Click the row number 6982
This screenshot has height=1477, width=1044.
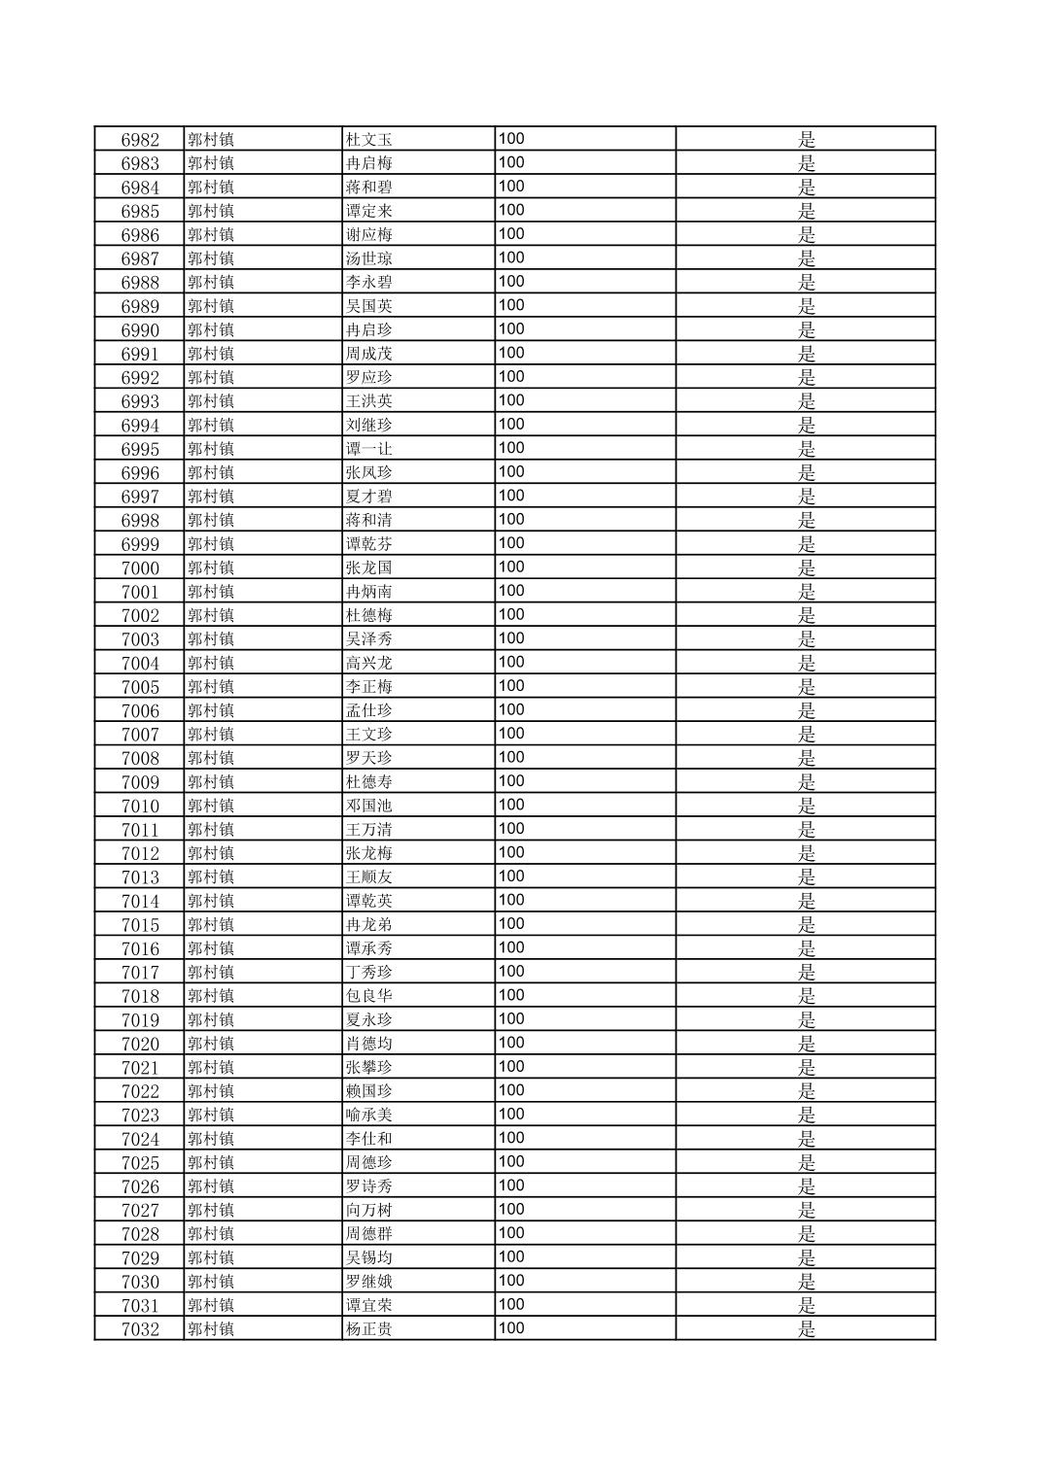click(140, 140)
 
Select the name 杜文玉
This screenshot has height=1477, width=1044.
click(369, 140)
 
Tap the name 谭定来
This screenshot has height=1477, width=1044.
click(369, 211)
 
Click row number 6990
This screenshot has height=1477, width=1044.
click(140, 330)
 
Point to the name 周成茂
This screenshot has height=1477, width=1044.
click(369, 354)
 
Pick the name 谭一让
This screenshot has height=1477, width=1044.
click(369, 449)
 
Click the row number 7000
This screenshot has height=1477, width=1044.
click(140, 568)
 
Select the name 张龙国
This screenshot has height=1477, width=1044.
click(369, 568)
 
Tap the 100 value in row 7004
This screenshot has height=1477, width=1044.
click(511, 662)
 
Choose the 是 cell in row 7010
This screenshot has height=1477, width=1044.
click(806, 806)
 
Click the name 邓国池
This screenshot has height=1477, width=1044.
click(369, 806)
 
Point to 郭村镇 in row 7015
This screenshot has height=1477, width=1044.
click(211, 925)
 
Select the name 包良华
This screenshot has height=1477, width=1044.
click(369, 996)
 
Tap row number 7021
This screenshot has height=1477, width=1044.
click(140, 1068)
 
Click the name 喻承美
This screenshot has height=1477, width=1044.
click(369, 1116)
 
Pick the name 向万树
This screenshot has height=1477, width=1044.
click(369, 1211)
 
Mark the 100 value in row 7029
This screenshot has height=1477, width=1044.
click(511, 1256)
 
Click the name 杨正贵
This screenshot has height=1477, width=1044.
click(369, 1329)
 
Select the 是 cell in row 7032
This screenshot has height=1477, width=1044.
click(806, 1329)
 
